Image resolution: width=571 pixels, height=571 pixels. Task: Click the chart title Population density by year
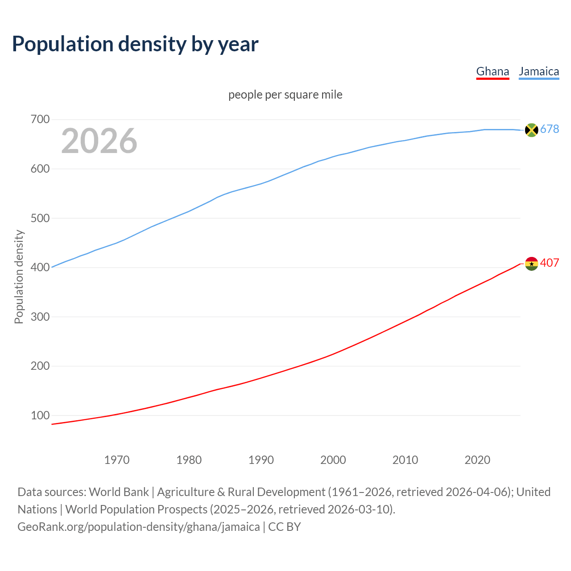135,44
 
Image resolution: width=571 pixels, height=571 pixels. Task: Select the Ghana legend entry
492,71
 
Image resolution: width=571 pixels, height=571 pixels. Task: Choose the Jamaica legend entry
539,71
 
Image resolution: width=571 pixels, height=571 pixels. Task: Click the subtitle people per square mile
285,95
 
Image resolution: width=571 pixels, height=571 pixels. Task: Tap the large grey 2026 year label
99,141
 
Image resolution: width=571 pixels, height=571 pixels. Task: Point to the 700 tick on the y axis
40,120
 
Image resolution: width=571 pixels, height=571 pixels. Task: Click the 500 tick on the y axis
40,218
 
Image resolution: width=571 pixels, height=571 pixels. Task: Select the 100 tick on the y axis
40,415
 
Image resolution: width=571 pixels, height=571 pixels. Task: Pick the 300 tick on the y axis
40,317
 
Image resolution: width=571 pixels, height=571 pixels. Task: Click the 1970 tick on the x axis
117,460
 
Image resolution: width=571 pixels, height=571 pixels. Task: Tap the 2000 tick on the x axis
333,460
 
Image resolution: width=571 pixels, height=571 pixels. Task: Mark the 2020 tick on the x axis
477,460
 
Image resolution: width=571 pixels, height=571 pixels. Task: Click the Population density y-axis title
19,277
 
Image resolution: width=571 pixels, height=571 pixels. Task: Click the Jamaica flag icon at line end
531,130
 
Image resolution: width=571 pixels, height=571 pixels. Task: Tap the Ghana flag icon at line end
531,264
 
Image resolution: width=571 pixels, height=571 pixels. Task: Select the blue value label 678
550,129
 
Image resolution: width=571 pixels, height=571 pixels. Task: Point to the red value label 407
550,263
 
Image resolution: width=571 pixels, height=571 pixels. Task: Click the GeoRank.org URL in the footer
138,527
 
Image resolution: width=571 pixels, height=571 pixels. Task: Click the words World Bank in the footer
119,492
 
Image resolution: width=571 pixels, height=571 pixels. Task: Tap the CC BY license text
285,527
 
